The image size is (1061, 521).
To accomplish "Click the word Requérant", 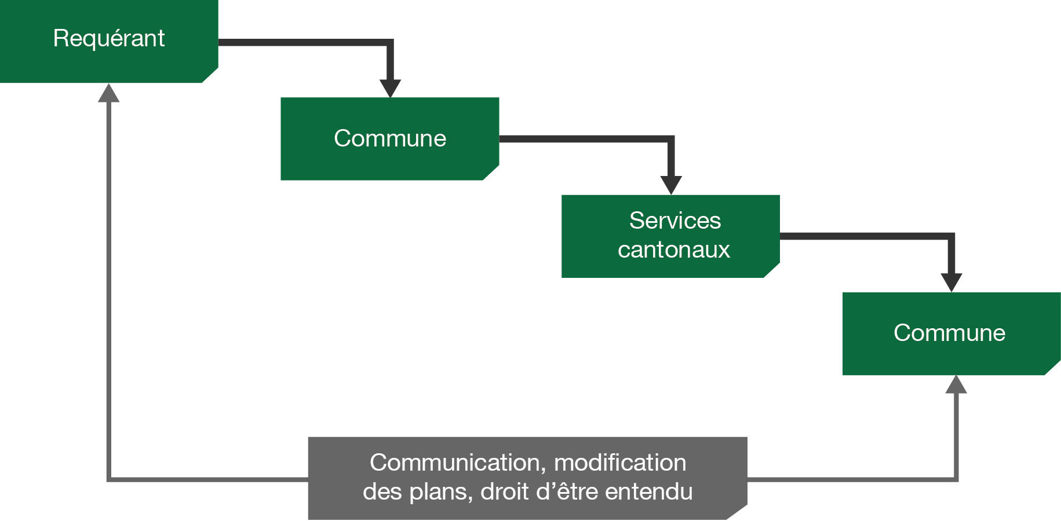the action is (109, 39).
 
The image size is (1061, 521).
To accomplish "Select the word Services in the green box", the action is (675, 221).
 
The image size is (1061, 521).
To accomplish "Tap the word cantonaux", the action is (674, 250).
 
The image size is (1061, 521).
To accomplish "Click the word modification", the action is (620, 463).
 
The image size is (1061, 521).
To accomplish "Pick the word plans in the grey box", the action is (441, 492).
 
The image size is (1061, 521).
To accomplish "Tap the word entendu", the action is (649, 491).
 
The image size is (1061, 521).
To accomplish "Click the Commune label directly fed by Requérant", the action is (390, 138).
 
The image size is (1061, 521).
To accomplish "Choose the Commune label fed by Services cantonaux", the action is (949, 333).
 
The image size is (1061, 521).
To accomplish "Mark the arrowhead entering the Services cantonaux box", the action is (671, 185).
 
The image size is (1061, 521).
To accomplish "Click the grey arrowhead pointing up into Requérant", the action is (108, 93).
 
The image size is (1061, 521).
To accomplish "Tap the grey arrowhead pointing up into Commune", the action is (956, 384).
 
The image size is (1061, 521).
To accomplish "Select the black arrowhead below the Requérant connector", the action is (390, 88).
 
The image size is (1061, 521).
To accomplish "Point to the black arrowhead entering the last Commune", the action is (951, 282).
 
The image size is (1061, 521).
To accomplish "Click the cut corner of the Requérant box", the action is (210, 75).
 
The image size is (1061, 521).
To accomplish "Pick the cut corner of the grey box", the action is (738, 512).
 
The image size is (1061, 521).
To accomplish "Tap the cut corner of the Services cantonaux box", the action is (772, 270).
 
